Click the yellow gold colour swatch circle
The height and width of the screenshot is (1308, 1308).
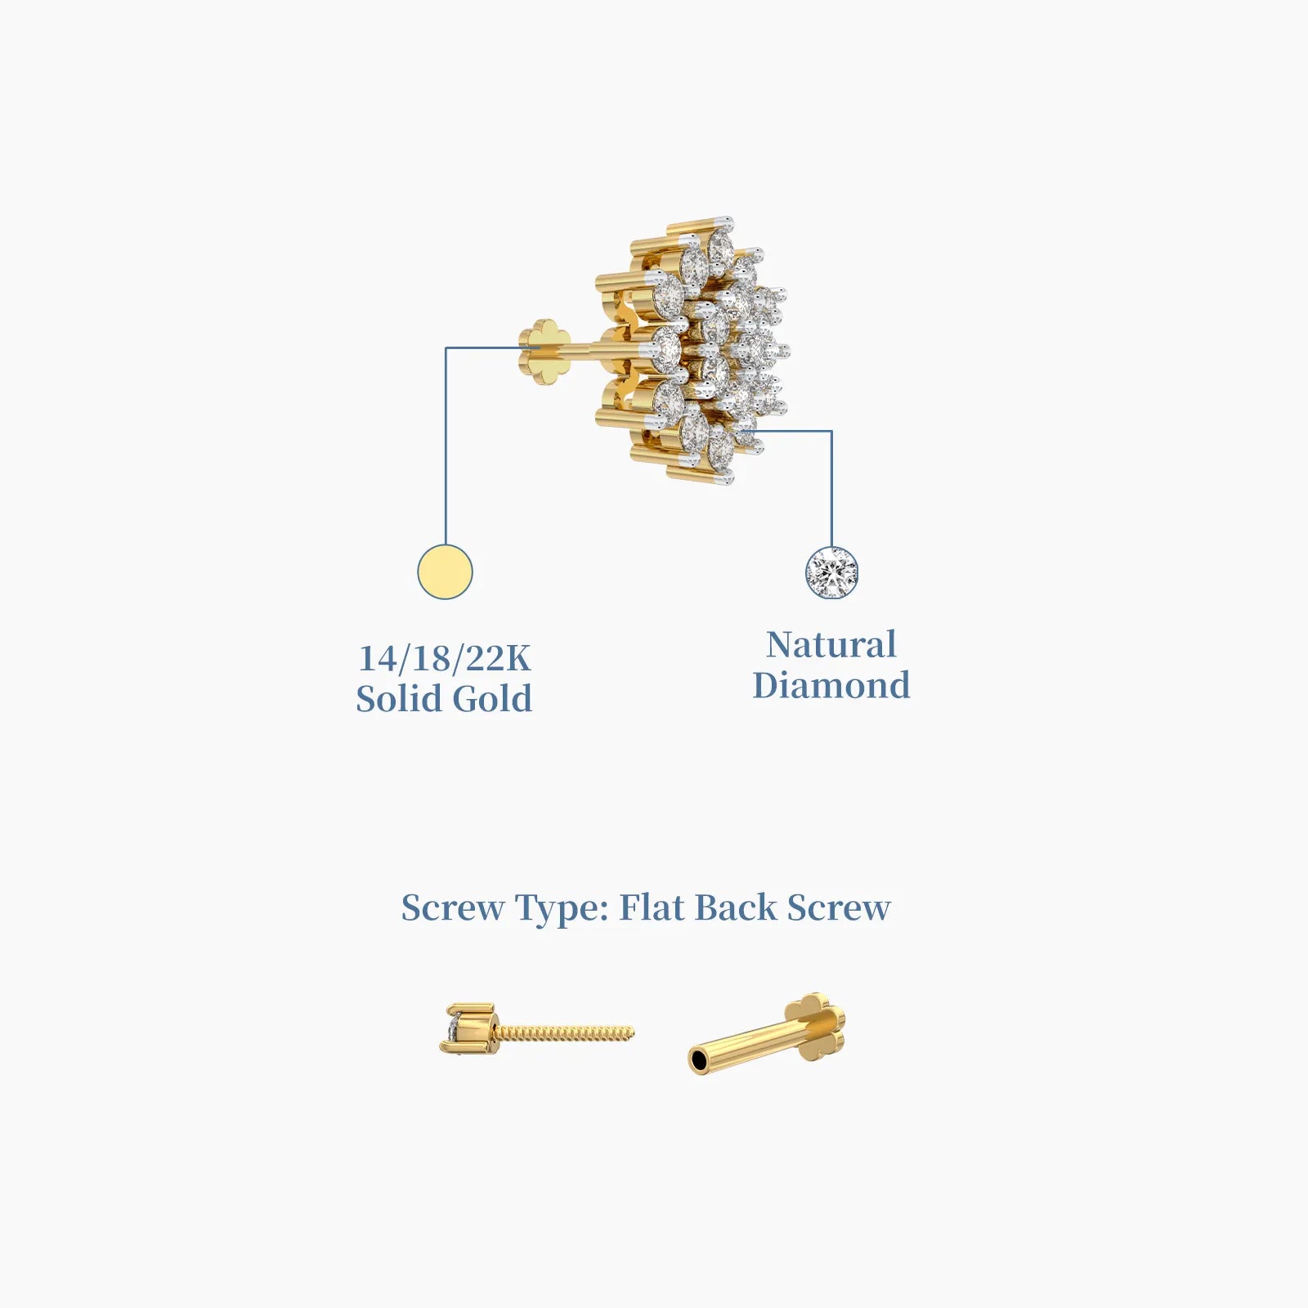pos(445,571)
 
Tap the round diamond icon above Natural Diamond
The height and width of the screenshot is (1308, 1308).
pos(831,572)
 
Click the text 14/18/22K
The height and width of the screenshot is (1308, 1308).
pos(445,658)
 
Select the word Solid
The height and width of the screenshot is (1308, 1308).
pos(398,699)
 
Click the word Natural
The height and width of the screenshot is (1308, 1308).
pos(831,645)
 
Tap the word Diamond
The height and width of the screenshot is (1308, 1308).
pos(831,685)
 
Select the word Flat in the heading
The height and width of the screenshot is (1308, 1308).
pos(652,907)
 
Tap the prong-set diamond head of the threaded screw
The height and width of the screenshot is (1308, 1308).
pos(466,1028)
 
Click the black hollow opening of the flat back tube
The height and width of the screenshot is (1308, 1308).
pos(699,1061)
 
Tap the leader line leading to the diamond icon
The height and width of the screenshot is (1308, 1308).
pos(831,490)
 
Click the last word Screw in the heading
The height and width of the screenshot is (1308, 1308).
pos(839,907)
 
